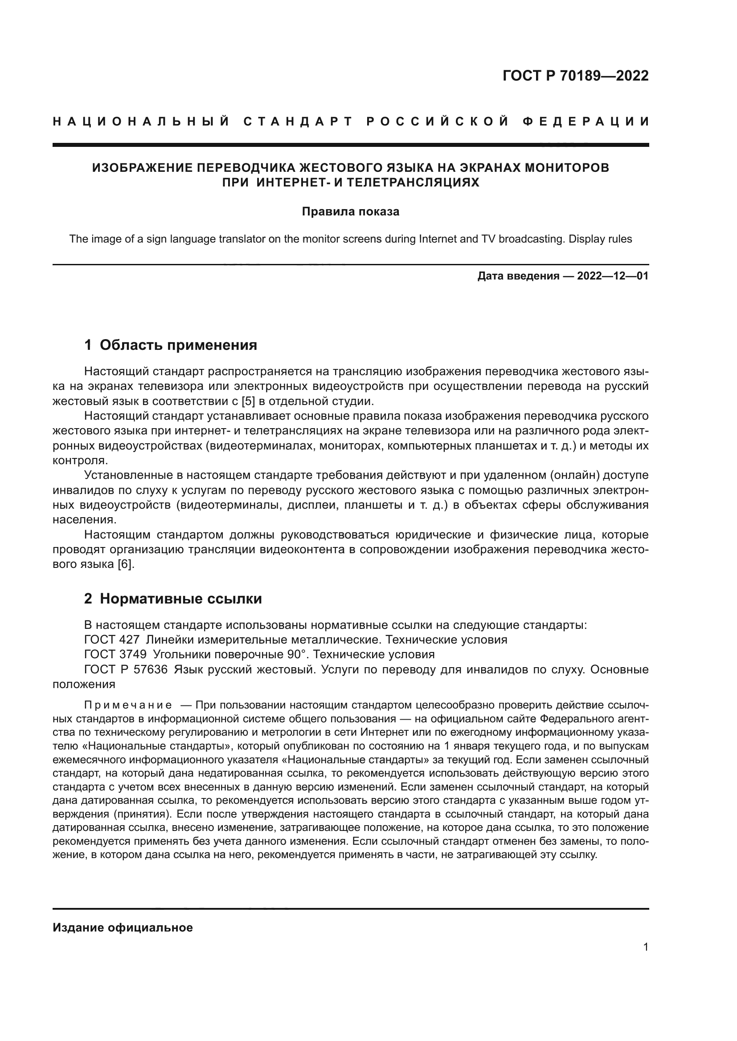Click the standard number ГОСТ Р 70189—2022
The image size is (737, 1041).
[x=575, y=76]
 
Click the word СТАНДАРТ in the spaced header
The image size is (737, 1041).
[x=298, y=122]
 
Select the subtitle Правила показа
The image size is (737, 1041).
[x=350, y=212]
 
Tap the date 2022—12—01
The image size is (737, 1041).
[x=612, y=276]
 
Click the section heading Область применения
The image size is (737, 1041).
[x=178, y=345]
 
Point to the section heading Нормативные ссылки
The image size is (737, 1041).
[x=180, y=599]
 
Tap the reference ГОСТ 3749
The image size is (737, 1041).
[x=115, y=654]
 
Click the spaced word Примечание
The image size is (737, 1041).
[x=128, y=705]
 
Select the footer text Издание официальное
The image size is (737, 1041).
[x=123, y=928]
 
